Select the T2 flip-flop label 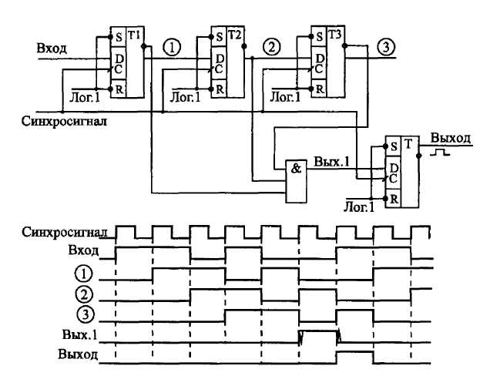point(233,35)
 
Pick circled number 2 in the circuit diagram point(271,48)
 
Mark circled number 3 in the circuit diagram point(385,48)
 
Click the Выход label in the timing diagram point(79,355)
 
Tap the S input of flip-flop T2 point(220,35)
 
